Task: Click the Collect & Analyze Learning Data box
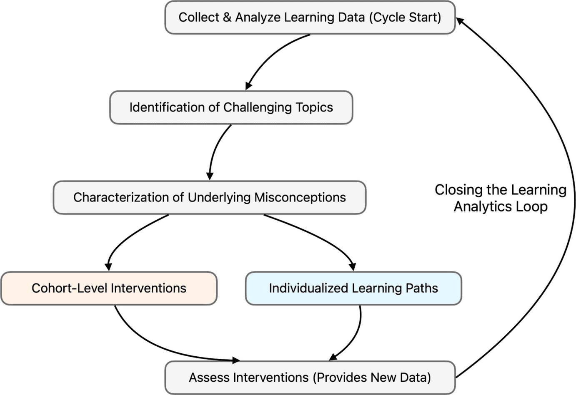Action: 310,17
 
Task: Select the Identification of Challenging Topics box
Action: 231,107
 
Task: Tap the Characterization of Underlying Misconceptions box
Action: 209,197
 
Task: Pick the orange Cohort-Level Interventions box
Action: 109,288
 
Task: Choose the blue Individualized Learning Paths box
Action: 353,288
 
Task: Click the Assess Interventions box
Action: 310,378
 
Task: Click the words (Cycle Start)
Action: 405,17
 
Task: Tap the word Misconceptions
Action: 300,197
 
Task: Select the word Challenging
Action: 258,107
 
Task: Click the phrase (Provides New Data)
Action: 372,378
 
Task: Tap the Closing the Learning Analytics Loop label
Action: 500,198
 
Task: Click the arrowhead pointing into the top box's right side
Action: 460,21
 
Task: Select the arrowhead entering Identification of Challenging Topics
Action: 248,86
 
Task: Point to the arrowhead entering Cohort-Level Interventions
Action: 108,266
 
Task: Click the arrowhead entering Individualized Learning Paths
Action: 352,266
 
